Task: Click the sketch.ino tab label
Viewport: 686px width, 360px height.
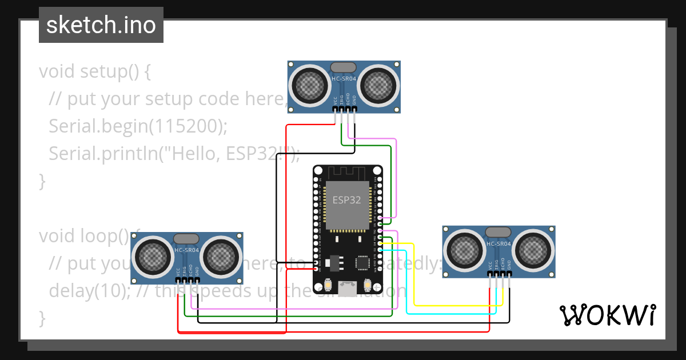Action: tap(101, 25)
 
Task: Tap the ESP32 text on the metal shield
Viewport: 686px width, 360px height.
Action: tap(347, 201)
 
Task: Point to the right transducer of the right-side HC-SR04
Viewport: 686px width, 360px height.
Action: tap(532, 250)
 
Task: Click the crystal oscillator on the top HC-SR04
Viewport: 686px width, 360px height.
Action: tap(344, 68)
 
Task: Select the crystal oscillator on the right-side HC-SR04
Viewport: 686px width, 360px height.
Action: tap(498, 232)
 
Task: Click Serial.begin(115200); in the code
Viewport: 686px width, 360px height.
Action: tap(138, 126)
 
